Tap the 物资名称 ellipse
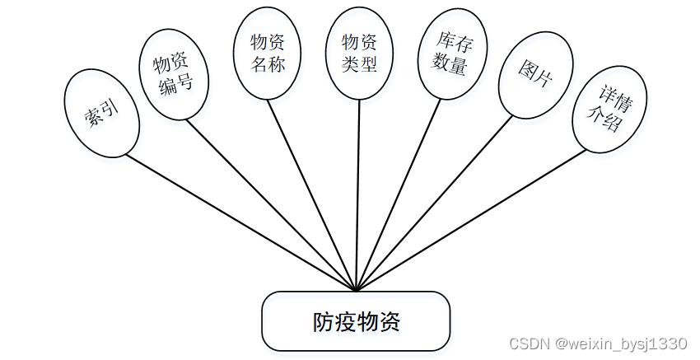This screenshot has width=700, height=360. coord(268,52)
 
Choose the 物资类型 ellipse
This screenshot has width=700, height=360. coord(359,52)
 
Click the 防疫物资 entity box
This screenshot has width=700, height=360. coord(356,320)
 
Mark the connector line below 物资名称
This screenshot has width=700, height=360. coord(313,194)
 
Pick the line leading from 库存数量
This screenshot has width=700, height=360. coord(399,194)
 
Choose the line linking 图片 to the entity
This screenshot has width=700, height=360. coord(436,202)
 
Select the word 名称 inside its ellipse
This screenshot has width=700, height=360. coord(268,63)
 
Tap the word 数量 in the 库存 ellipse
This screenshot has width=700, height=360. coord(451,64)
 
